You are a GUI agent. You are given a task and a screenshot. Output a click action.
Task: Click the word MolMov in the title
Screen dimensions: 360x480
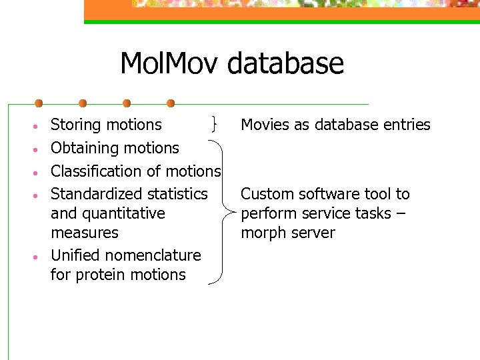pyautogui.click(x=171, y=64)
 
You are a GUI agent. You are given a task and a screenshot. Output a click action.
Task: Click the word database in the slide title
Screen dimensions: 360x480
pyautogui.click(x=286, y=64)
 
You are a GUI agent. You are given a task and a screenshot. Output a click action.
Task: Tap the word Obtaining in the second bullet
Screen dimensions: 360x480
pyautogui.click(x=82, y=148)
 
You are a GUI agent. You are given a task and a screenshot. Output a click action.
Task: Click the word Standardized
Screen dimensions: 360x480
pyautogui.click(x=95, y=194)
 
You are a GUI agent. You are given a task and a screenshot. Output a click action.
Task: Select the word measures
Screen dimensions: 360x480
pyautogui.click(x=84, y=233)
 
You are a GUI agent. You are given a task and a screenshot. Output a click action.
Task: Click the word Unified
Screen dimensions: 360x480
pyautogui.click(x=73, y=255)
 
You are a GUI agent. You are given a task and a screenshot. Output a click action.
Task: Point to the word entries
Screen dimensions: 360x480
pyautogui.click(x=407, y=125)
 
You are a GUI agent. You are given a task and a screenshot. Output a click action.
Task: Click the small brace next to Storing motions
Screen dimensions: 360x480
pyautogui.click(x=214, y=124)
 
